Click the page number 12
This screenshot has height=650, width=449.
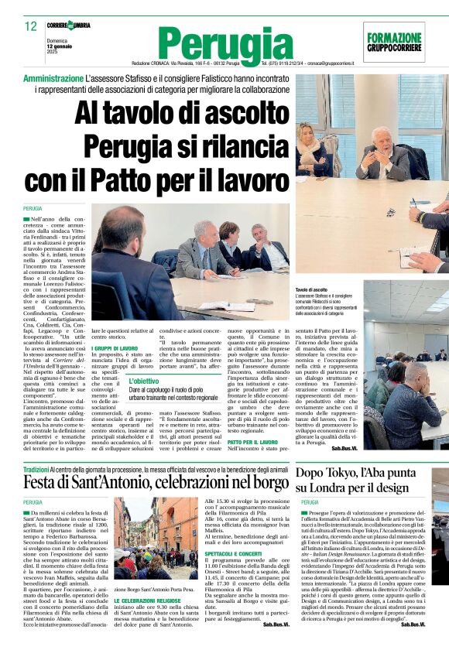pos(31,26)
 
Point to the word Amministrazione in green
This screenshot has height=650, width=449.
pos(53,80)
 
